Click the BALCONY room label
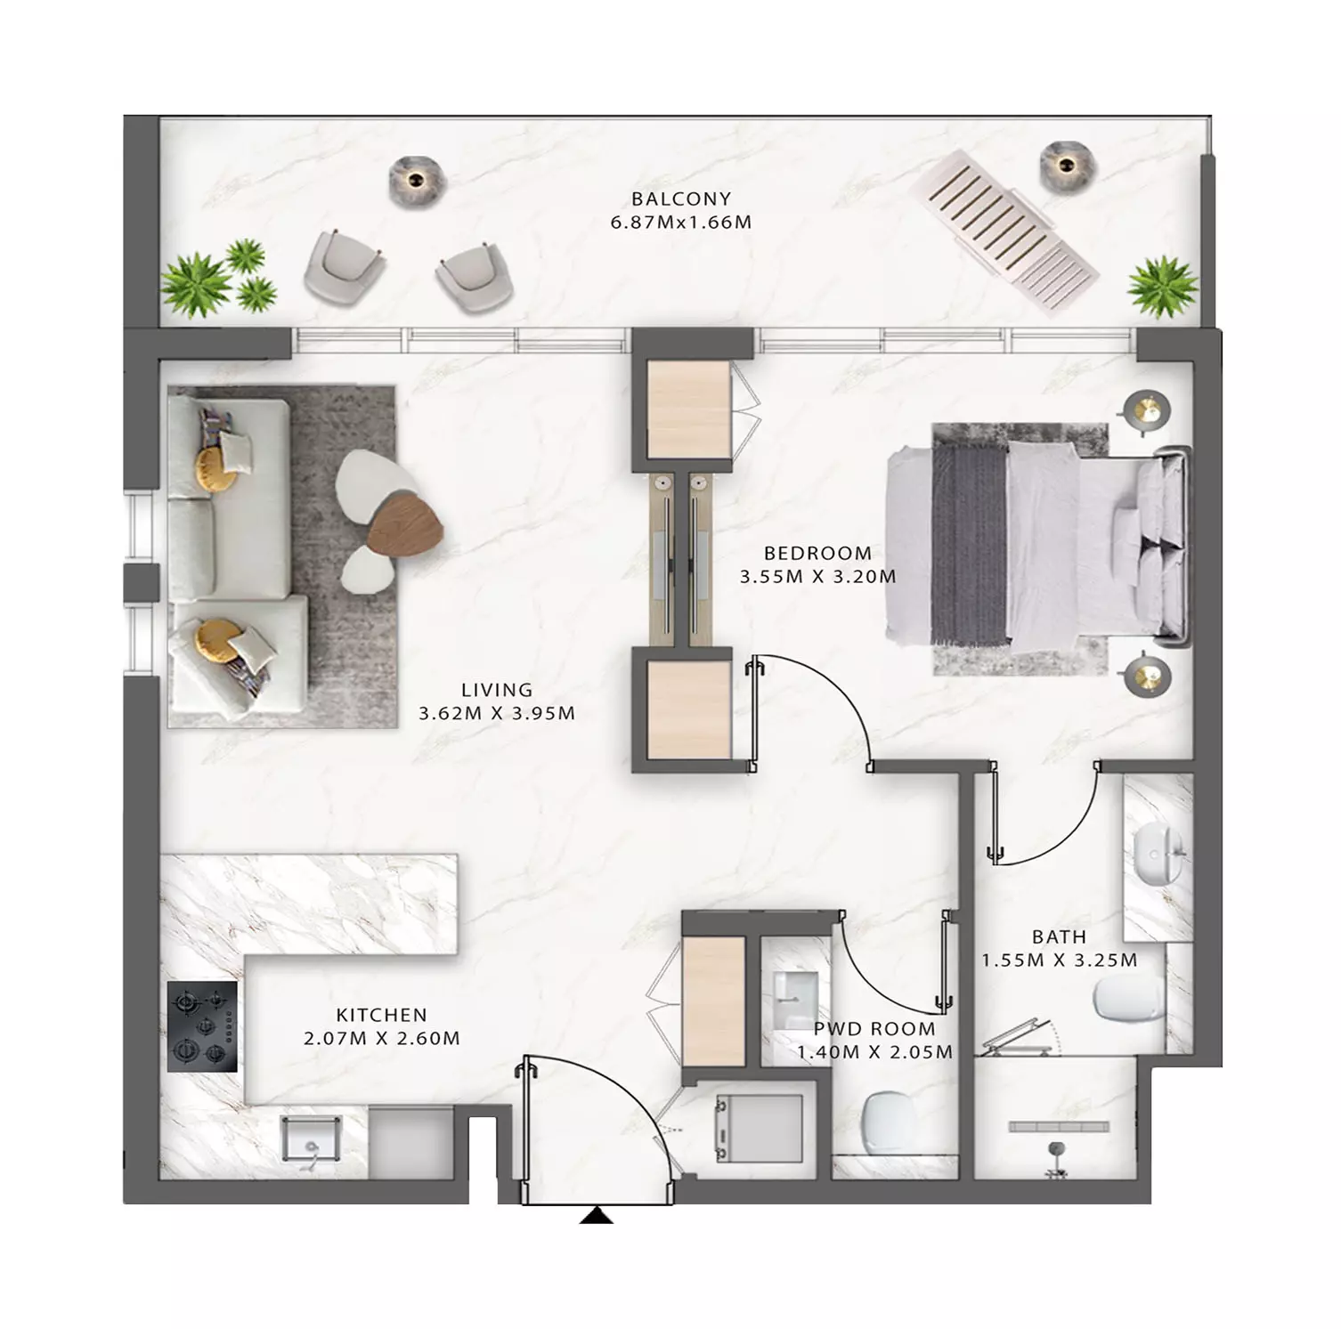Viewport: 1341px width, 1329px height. [681, 199]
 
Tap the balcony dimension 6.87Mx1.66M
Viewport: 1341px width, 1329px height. [681, 223]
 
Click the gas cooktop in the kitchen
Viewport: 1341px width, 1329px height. [202, 1026]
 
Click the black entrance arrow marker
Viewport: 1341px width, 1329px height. [596, 1215]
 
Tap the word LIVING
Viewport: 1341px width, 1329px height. [497, 690]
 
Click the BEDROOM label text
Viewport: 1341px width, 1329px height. [817, 553]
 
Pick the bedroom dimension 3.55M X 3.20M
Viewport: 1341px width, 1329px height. [817, 577]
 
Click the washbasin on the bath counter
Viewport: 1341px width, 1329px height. [1159, 855]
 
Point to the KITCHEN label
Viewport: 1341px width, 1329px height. [381, 1015]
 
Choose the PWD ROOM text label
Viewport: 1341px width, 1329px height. [874, 1029]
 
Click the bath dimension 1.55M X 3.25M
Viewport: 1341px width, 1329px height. [1060, 960]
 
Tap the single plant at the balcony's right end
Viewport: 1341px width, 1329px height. [1162, 286]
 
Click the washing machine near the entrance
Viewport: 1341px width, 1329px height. [760, 1128]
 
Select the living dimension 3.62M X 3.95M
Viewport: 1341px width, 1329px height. [497, 714]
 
